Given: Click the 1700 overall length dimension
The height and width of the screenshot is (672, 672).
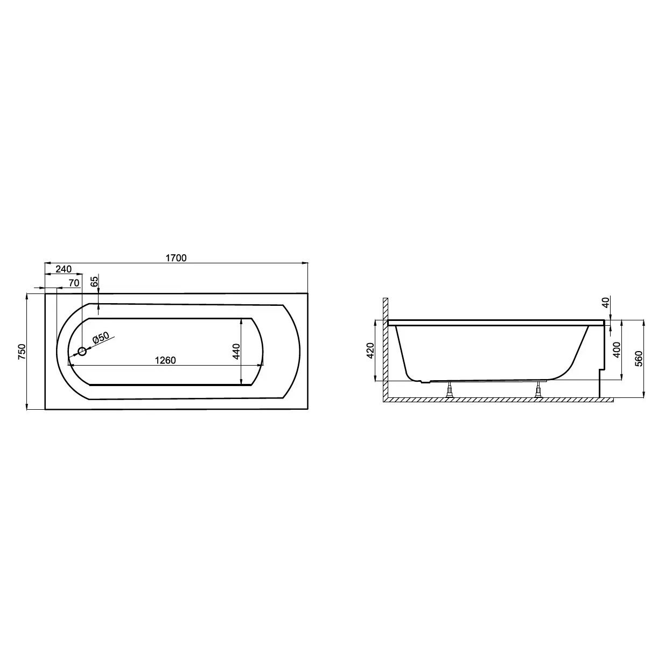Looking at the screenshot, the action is pos(176,258).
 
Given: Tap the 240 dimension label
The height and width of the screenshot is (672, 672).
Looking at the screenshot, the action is pos(64,269).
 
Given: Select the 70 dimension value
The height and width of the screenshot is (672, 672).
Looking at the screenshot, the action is pos(74,283).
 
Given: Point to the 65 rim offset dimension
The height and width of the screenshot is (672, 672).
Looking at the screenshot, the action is pos(95,281).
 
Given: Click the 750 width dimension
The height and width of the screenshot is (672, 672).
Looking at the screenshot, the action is pos(22,352).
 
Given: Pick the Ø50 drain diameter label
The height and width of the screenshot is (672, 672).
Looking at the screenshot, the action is pos(101,338).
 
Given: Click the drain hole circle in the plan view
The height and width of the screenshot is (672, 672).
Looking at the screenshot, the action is pos(82,352).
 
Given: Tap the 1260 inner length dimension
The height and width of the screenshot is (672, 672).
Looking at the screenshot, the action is pos(165,360).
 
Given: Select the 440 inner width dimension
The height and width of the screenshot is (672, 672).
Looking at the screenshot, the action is pos(236,352).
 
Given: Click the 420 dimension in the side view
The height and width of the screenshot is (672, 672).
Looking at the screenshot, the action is pos(370,351).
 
